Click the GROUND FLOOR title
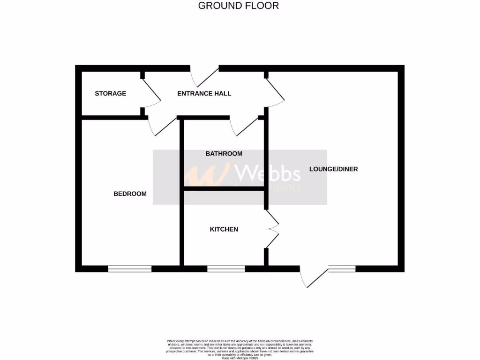click(x=238, y=6)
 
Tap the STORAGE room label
click(x=111, y=93)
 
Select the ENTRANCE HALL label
click(x=204, y=93)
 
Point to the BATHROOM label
click(x=224, y=154)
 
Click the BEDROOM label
click(x=130, y=194)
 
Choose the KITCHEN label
click(x=224, y=229)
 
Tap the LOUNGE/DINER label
click(x=333, y=169)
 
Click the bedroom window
click(x=130, y=269)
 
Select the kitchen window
click(x=226, y=269)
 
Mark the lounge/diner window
click(x=342, y=269)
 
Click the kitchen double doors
click(x=272, y=229)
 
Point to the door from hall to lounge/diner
click(x=275, y=91)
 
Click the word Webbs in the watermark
click(x=268, y=173)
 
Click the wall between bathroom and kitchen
click(x=224, y=188)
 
